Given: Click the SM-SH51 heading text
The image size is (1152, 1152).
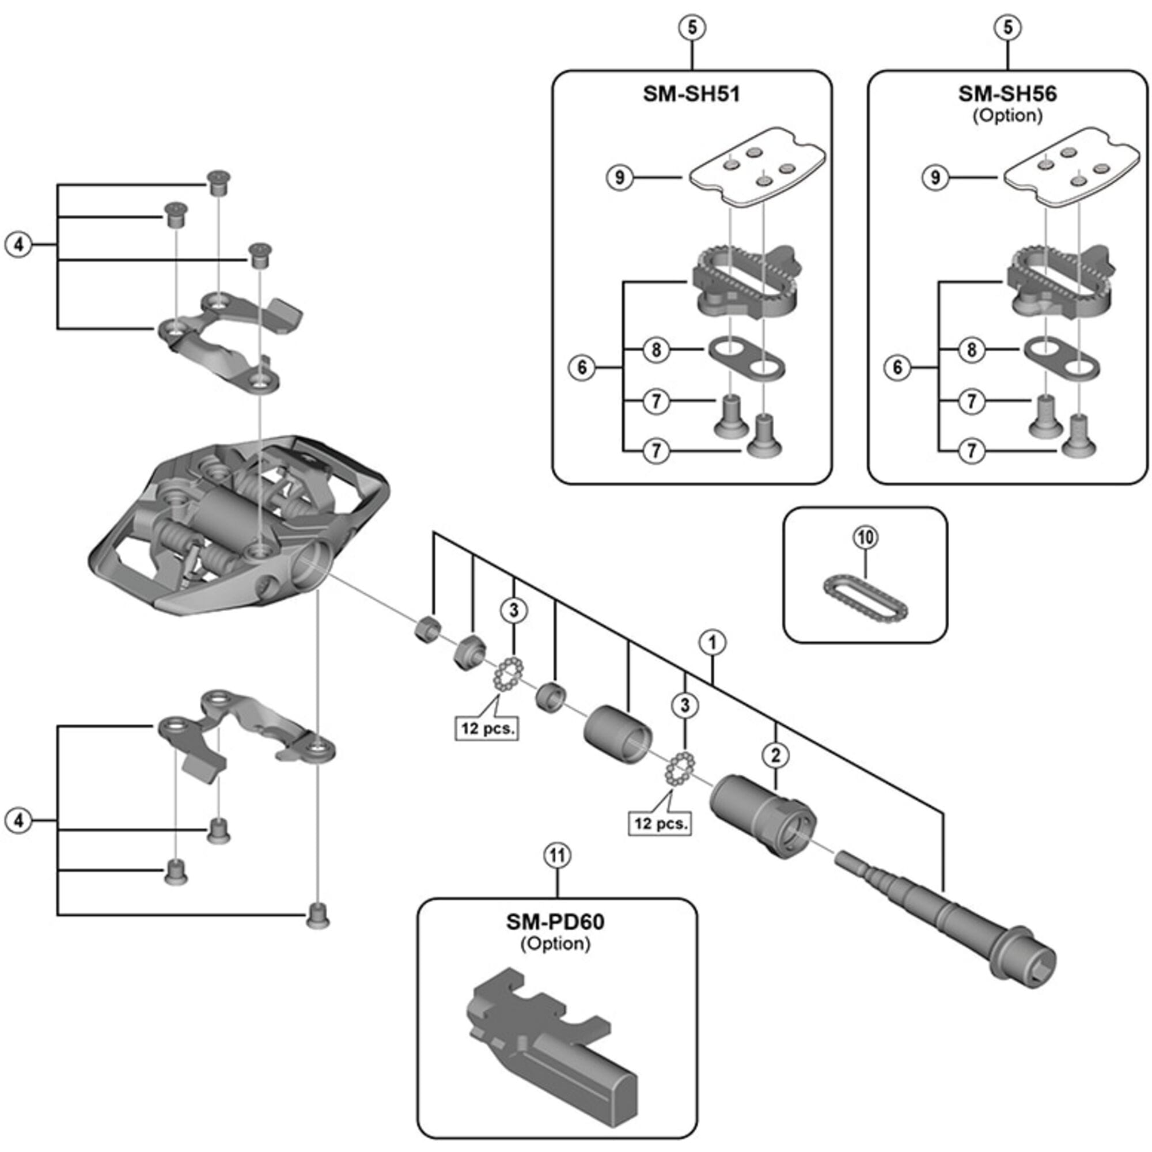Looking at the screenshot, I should coord(691,94).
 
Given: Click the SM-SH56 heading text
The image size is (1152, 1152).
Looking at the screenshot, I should coord(1007,94).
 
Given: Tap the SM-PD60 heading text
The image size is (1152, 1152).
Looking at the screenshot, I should coord(556,922).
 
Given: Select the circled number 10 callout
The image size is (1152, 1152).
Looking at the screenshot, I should coord(866,537).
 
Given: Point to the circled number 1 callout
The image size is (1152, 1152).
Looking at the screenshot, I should coord(713,643).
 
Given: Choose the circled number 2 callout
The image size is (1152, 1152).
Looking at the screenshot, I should coord(775,756).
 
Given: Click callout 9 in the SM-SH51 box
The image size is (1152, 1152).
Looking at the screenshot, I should coord(620,177).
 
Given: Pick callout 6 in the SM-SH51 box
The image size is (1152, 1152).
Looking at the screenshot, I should coord(582,368).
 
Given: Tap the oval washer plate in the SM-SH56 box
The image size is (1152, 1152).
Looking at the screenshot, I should coord(1062,358).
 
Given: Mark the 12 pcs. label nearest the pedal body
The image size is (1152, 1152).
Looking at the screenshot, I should coord(487,728).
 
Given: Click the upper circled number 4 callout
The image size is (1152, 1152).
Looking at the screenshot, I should coord(19,244).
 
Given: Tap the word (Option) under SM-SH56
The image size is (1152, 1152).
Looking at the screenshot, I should coord(1007,115).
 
